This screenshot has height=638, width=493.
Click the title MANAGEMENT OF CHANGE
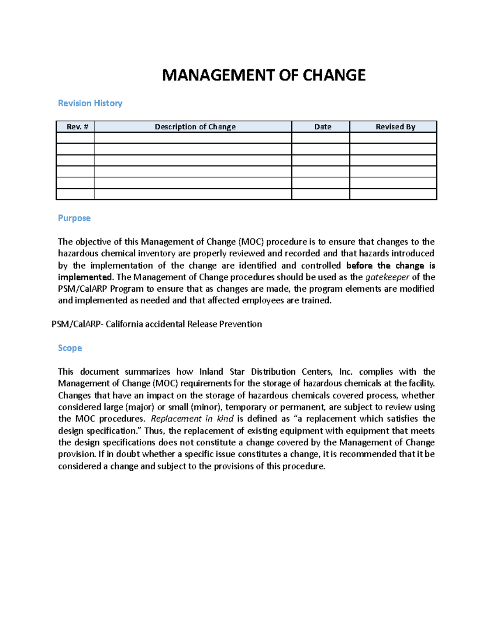coord(264,75)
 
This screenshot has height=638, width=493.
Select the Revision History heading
coord(90,103)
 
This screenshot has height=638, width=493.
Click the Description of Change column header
coord(195,127)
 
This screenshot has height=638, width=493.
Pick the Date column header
coord(323,127)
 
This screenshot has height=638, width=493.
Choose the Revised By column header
coord(395,127)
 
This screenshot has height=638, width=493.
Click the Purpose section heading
coord(74,218)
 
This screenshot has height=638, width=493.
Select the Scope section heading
coord(70,348)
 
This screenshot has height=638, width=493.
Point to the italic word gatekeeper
coord(387,277)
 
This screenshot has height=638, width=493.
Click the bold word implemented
coord(85,277)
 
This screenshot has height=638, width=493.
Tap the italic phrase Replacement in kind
coord(192,419)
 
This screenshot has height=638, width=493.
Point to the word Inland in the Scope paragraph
coord(211,372)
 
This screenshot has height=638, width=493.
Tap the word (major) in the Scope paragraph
coord(140,407)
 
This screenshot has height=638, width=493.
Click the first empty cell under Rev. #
coord(75,138)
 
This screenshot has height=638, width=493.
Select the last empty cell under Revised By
coord(393,194)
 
